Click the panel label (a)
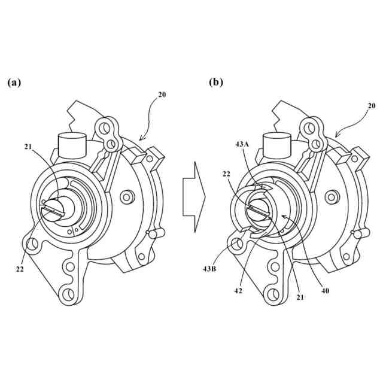click(x=14, y=83)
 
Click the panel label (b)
click(x=216, y=83)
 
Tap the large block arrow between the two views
click(x=193, y=196)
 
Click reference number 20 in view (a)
click(x=162, y=94)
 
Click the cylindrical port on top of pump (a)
click(x=72, y=145)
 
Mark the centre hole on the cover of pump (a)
click(x=126, y=196)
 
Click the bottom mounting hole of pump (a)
click(x=68, y=293)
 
